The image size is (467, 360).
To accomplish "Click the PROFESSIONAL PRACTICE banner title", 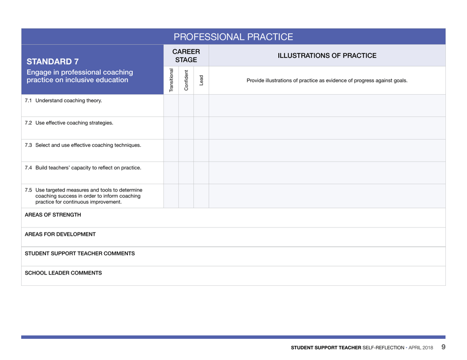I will point(233,37).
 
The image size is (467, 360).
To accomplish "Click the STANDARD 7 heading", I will point(53,62).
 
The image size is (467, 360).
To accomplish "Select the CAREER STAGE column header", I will point(186,55).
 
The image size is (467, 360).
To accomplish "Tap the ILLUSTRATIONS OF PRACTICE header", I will point(327,55).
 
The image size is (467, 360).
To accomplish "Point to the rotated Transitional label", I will point(171,80).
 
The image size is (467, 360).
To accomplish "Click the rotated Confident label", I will point(186,80).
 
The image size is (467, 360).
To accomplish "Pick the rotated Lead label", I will point(201,80).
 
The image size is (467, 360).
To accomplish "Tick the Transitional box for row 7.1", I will point(171,106).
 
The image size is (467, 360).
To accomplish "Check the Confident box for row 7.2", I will point(186,128).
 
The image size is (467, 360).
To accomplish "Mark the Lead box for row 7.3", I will point(201,150).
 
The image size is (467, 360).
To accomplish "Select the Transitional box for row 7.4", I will point(171,173).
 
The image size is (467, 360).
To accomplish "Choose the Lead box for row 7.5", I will point(201,196).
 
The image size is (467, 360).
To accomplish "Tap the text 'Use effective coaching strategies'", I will point(74,123).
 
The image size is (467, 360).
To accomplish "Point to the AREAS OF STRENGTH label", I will point(53,215).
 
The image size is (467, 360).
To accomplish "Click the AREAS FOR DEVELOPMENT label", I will point(60,234).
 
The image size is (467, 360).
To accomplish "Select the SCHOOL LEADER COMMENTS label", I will point(63,273).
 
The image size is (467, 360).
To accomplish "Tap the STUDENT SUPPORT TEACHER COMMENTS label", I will point(80,253).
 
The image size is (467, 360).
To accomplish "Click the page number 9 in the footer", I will point(443,347).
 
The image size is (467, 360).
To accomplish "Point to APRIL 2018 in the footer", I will point(421,348).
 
